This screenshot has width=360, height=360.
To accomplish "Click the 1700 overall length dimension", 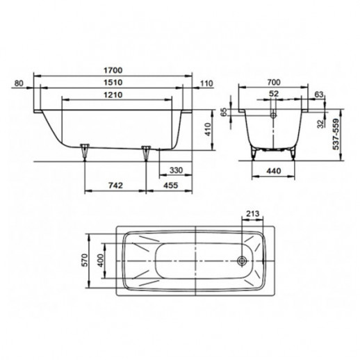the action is coord(113,70).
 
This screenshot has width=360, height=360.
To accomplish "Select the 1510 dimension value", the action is coord(113,83).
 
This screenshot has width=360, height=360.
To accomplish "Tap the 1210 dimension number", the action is coord(113,95).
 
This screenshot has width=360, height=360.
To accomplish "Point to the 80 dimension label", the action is coord(19,83).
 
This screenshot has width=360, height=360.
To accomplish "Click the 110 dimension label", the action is coord(206,83).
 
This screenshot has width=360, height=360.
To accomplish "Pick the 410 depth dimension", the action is coord(208,130).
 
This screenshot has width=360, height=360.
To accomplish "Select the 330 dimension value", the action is coord(176,170).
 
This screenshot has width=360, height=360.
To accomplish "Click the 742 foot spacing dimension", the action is coord(115,186).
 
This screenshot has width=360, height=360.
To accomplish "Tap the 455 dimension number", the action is coord(171,186).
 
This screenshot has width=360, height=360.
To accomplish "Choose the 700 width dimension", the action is coord(274,82).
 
